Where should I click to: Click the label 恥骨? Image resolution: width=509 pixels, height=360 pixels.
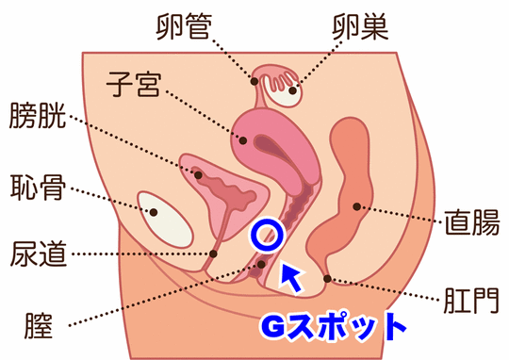38,187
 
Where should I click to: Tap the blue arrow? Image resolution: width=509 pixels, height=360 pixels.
292,275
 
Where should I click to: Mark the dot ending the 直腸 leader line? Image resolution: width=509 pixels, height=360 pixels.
356,205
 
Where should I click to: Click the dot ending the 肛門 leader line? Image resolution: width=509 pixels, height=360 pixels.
326,278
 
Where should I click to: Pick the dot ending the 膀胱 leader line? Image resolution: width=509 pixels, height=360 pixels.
198,173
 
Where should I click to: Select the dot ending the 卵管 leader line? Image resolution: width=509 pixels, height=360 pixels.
254,80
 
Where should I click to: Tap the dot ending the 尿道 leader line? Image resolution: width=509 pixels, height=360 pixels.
215,253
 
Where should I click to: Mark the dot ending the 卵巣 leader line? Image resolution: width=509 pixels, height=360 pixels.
292,90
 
